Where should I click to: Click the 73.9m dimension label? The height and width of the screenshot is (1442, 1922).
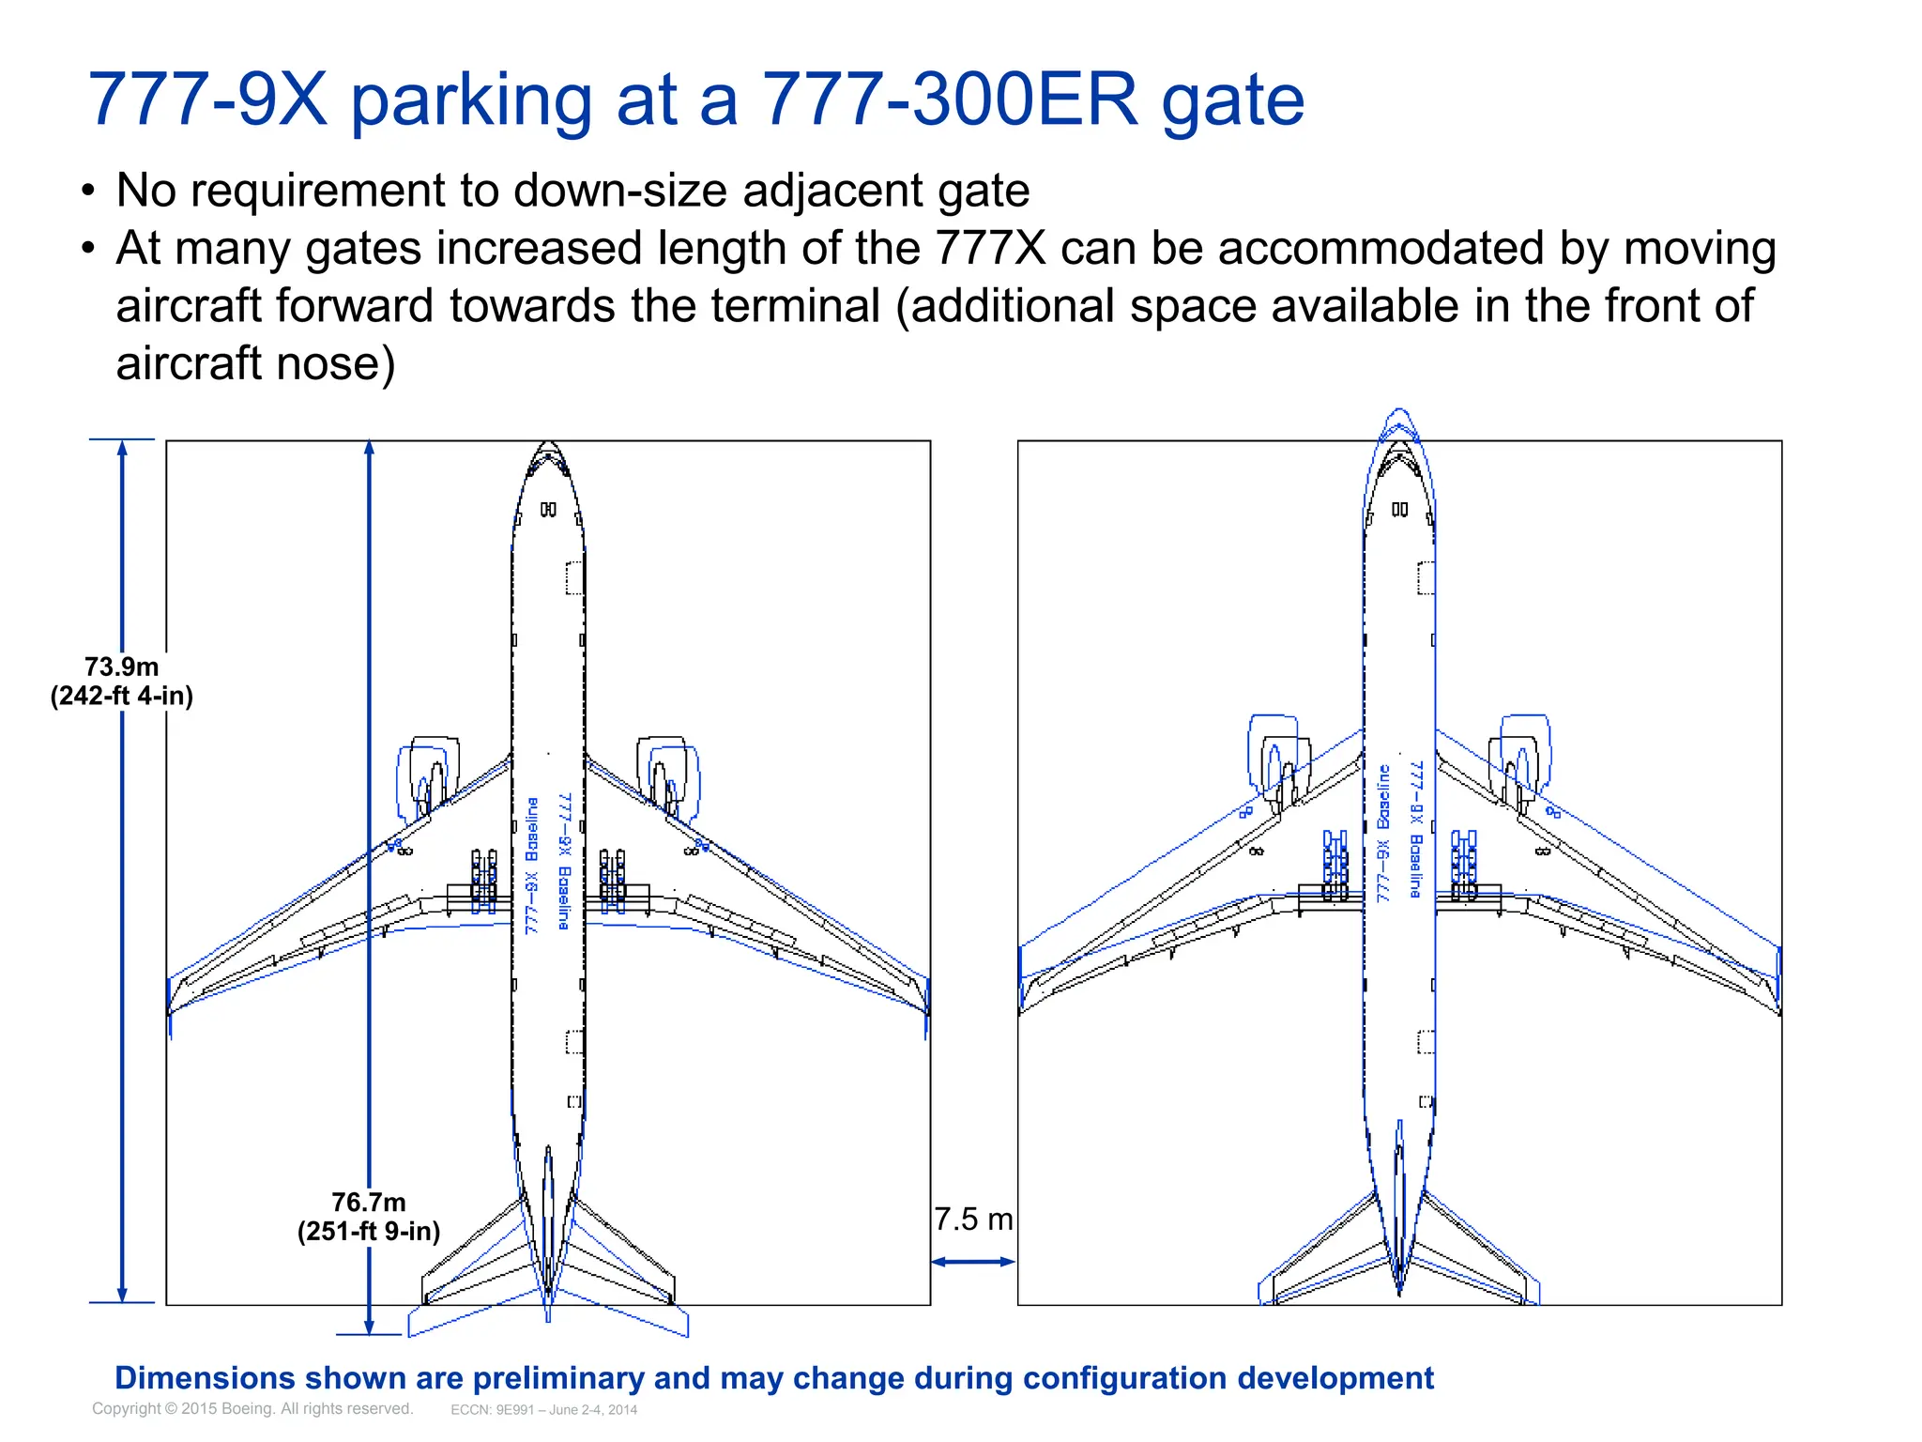[x=122, y=681]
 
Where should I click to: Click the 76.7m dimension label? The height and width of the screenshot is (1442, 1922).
[x=369, y=1216]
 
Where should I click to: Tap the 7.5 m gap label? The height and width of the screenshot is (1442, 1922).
[x=973, y=1220]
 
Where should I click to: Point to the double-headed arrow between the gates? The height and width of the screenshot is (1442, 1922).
[x=973, y=1262]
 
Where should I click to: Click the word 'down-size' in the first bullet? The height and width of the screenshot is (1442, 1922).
[x=619, y=191]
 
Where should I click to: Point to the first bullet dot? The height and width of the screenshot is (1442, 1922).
[x=88, y=192]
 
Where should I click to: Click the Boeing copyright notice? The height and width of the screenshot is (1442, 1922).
[x=252, y=1408]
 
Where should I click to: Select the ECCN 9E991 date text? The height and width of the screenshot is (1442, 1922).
[x=543, y=1409]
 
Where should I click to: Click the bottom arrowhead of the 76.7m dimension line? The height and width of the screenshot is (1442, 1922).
[x=369, y=1327]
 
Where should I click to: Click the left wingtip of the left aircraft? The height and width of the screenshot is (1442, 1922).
[x=171, y=1005]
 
